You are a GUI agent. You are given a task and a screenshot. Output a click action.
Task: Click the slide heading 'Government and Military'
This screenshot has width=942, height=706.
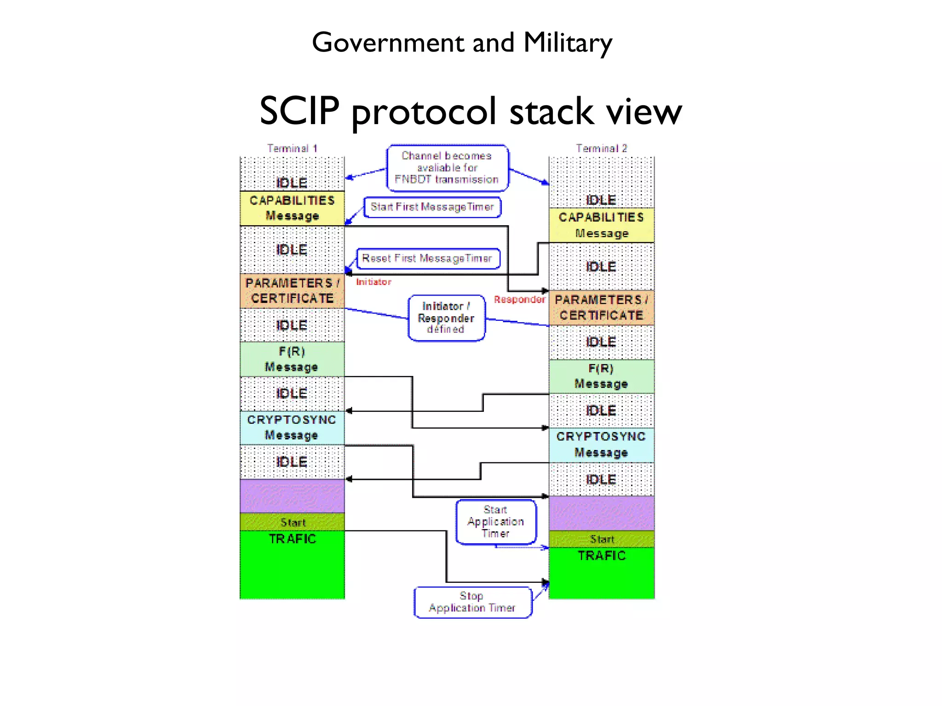tap(462, 43)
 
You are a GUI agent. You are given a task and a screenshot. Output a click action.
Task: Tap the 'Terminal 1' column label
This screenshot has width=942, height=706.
tap(292, 148)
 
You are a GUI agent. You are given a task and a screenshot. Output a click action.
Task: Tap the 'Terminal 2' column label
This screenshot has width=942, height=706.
tap(601, 148)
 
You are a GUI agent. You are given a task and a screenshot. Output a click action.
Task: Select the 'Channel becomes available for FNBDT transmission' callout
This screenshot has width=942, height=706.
tap(447, 168)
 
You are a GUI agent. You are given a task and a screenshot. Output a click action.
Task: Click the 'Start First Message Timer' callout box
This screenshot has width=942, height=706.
tap(432, 207)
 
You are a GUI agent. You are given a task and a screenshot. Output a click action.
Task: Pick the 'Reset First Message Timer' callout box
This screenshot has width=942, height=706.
tap(427, 258)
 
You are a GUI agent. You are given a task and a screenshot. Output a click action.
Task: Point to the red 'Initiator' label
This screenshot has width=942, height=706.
tap(373, 282)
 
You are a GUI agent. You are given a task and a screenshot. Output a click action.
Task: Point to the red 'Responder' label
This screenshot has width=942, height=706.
tap(519, 300)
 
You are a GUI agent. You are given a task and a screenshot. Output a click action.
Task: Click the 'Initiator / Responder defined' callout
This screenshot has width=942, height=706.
tap(446, 318)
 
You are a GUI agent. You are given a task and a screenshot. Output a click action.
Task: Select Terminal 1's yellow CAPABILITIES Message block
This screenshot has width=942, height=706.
tap(292, 208)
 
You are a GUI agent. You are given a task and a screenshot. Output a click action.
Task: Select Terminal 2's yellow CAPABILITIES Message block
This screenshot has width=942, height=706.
tap(601, 225)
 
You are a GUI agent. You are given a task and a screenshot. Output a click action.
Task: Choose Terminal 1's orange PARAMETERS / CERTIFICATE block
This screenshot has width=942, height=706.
tap(292, 291)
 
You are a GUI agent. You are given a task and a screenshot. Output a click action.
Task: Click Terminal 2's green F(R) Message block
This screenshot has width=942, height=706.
tap(601, 376)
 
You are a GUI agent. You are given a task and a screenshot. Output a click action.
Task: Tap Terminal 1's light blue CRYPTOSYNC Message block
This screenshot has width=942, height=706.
tap(292, 427)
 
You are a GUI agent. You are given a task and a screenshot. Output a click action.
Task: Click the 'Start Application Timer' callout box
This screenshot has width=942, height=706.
tap(496, 522)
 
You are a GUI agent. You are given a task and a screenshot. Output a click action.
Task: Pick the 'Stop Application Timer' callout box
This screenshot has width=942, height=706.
tap(472, 602)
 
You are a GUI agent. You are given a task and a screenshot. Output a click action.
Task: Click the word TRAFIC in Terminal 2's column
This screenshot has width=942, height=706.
tap(601, 556)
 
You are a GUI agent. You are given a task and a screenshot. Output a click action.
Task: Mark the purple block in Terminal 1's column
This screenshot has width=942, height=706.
tap(292, 495)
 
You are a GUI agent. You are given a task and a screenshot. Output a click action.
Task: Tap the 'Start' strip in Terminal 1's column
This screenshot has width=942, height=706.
tap(292, 522)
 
